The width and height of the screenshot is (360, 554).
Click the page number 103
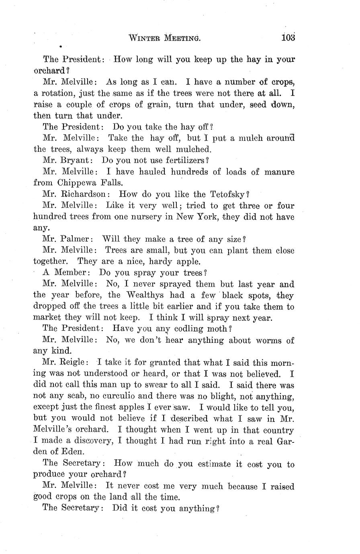pos(288,38)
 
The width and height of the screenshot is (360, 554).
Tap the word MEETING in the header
pos(182,39)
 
